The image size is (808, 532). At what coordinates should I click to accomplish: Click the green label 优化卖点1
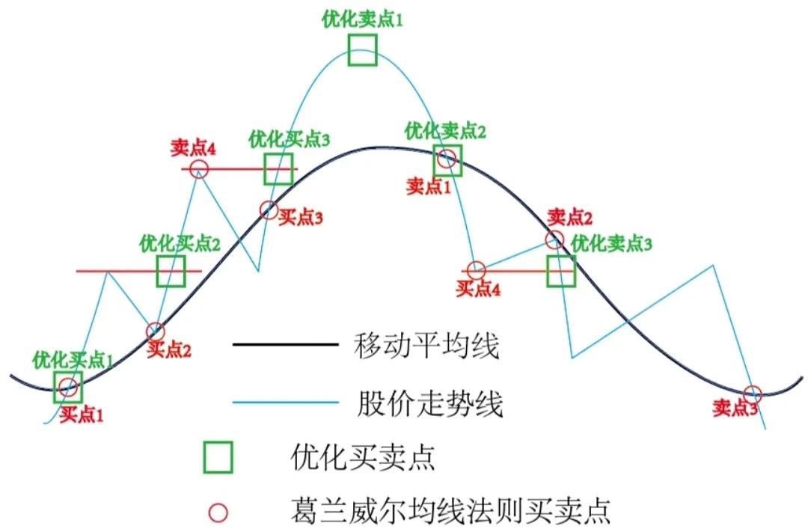363,20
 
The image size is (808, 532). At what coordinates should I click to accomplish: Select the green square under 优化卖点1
363,49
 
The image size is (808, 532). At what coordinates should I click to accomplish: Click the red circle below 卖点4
198,169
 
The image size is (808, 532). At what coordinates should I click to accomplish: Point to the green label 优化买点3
290,138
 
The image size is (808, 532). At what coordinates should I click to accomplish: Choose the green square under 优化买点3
279,168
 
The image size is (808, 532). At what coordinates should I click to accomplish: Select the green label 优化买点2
180,243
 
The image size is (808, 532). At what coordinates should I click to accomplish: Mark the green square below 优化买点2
171,271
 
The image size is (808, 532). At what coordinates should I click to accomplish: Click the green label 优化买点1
73,359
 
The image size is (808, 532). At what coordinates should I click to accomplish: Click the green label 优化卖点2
445,132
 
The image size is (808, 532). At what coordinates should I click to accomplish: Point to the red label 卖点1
429,186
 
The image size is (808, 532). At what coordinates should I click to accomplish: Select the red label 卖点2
570,218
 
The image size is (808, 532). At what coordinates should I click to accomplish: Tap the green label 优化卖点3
611,243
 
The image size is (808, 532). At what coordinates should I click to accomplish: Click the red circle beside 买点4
475,269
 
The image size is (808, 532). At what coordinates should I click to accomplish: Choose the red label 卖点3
735,408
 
